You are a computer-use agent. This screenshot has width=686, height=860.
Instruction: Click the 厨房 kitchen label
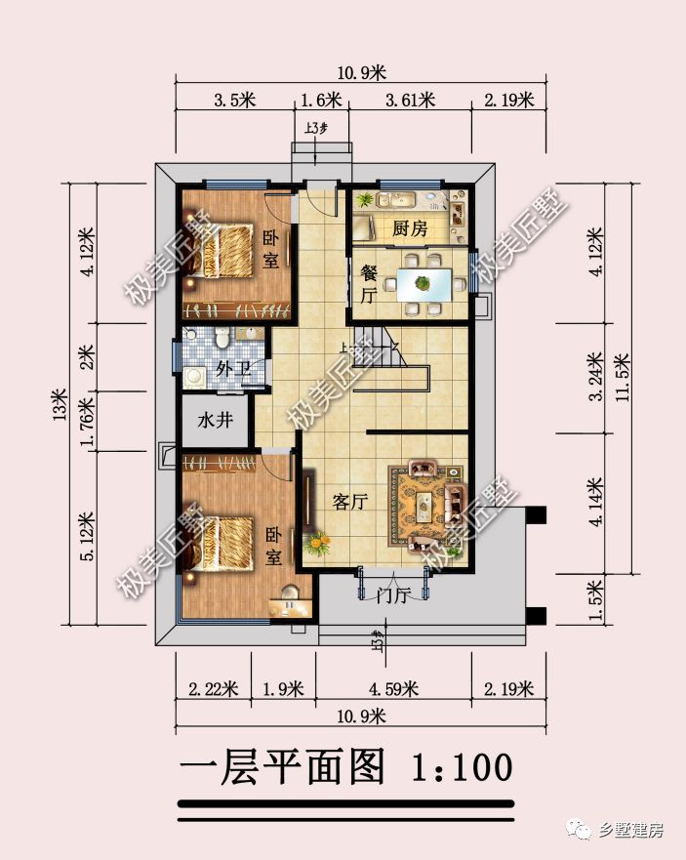tap(410, 229)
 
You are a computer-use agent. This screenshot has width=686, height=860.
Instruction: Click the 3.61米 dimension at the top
tap(409, 100)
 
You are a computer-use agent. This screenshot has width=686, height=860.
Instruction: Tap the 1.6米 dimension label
tap(321, 100)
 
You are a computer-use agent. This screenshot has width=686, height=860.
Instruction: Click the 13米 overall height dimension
tap(59, 402)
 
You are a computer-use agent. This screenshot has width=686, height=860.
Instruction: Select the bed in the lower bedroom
tap(230, 543)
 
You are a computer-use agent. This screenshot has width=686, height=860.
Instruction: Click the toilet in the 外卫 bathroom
tap(222, 339)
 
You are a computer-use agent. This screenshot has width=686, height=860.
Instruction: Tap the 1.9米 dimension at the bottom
tap(284, 689)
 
